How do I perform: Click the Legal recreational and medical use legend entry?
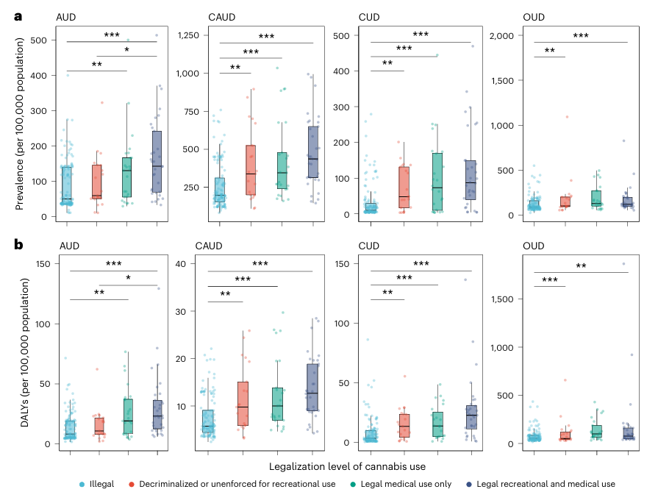[545, 483]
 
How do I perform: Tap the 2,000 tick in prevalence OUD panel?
[495, 35]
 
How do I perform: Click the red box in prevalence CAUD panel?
[251, 170]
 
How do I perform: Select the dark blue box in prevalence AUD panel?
[157, 162]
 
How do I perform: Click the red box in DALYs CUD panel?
[404, 426]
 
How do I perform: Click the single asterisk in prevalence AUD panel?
[126, 50]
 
